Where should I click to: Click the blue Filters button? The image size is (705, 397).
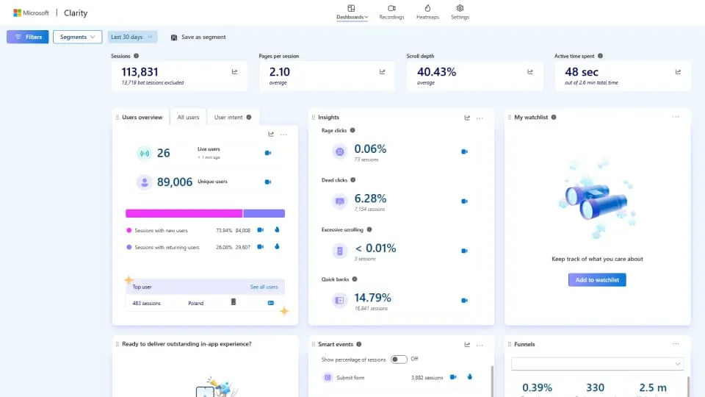click(28, 37)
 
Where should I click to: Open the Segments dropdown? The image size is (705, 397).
click(77, 37)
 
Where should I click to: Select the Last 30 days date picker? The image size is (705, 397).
click(132, 37)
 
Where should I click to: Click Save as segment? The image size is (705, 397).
click(198, 37)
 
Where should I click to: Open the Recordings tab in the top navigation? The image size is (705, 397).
click(391, 12)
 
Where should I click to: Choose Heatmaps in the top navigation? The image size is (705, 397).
click(427, 12)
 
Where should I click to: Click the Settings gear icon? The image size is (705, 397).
click(460, 9)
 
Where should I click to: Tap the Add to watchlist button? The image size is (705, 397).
click(597, 280)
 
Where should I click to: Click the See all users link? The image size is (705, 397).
click(264, 287)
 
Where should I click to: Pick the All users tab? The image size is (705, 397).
click(188, 118)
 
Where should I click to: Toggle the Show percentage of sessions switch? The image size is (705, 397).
click(398, 359)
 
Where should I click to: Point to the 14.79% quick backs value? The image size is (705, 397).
click(372, 298)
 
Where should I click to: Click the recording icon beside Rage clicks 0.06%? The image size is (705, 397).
click(464, 151)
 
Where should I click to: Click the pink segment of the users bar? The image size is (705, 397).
click(184, 213)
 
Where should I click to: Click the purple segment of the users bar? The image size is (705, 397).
click(264, 213)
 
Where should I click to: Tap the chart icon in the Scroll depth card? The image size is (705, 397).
click(530, 72)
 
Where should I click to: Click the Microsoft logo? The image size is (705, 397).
click(17, 12)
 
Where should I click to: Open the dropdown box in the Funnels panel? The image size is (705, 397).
click(597, 364)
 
